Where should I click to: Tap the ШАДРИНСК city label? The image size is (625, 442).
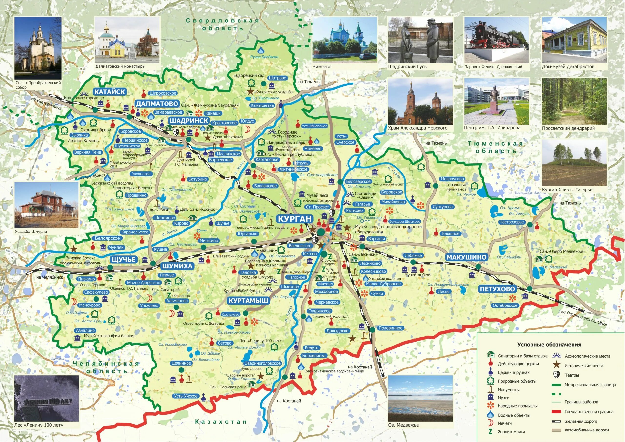click(x=189, y=121)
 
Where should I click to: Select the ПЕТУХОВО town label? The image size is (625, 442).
click(x=497, y=289)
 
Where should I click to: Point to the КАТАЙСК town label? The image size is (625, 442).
click(x=110, y=92)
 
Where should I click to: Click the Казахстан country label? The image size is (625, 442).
click(x=221, y=422)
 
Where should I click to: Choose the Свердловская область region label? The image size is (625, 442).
click(x=222, y=24)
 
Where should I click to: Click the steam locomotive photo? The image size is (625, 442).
click(x=497, y=40)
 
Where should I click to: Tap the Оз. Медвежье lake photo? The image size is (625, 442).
click(x=420, y=398)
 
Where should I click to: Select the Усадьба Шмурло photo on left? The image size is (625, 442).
click(x=46, y=205)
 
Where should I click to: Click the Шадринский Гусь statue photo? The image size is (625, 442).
click(x=420, y=40)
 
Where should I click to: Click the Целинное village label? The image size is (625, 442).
click(x=181, y=363)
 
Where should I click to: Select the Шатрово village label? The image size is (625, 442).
click(x=277, y=78)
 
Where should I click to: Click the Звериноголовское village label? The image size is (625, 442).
click(x=262, y=363)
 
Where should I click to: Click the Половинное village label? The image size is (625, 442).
click(x=390, y=328)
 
